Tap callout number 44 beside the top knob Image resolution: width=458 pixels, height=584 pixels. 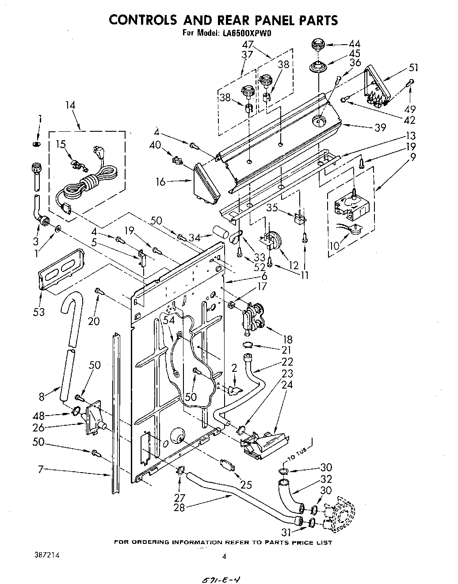[354, 44]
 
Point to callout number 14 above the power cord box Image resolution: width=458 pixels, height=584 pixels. [70, 105]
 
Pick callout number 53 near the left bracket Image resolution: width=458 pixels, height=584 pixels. [39, 312]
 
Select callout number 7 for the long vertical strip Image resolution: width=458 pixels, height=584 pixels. [40, 469]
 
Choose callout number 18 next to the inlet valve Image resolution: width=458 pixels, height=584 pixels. [287, 339]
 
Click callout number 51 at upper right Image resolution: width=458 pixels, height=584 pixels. [413, 68]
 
